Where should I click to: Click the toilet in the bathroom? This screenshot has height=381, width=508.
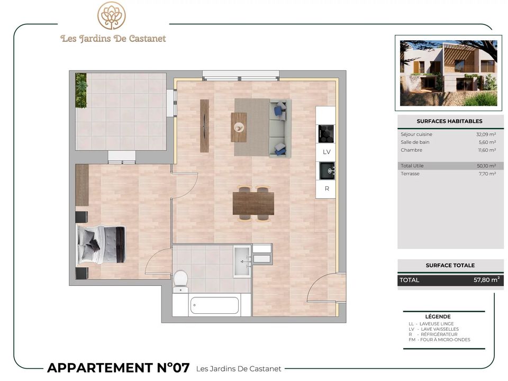(180, 281)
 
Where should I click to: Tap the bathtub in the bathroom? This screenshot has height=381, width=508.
(214, 305)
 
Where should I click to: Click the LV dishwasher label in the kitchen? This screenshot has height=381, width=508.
(326, 152)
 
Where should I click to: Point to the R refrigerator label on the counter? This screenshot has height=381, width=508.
(327, 188)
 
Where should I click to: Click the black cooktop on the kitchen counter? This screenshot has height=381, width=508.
(326, 133)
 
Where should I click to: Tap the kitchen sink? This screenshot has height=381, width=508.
(327, 170)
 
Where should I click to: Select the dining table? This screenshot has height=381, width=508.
(253, 203)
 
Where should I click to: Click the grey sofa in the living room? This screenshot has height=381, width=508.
(280, 128)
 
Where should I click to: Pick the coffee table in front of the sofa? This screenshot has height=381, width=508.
(239, 127)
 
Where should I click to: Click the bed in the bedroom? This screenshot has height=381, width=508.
(101, 244)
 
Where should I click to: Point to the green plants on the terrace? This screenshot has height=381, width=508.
(81, 90)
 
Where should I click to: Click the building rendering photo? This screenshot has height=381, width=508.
(448, 73)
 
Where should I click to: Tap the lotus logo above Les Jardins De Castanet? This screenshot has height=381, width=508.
(112, 15)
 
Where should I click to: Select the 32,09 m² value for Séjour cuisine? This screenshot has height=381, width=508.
(486, 134)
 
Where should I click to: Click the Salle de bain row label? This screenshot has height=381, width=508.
(415, 142)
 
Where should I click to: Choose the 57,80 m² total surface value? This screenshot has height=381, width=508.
(486, 279)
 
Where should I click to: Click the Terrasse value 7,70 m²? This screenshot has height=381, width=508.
(487, 174)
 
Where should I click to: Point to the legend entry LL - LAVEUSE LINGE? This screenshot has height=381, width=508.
(431, 324)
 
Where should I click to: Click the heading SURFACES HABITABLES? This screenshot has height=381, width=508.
(449, 121)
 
